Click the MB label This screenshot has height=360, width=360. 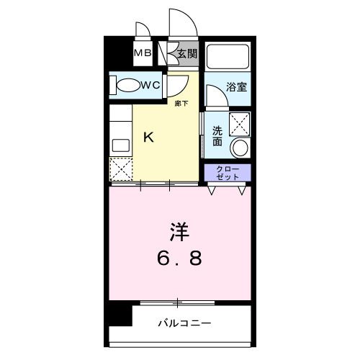tap(141, 53)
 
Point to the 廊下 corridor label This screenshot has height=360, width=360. tap(181, 104)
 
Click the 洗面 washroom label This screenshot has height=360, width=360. tap(217, 136)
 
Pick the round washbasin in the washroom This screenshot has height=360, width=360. tap(239, 148)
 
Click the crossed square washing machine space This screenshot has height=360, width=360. tap(238, 122)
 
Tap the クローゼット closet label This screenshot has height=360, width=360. tap(227, 173)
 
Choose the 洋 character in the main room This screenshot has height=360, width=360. tap(179, 232)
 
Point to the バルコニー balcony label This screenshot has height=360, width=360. tap(185, 323)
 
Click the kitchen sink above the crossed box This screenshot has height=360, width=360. tap(119, 143)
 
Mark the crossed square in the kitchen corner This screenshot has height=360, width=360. tap(119, 170)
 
